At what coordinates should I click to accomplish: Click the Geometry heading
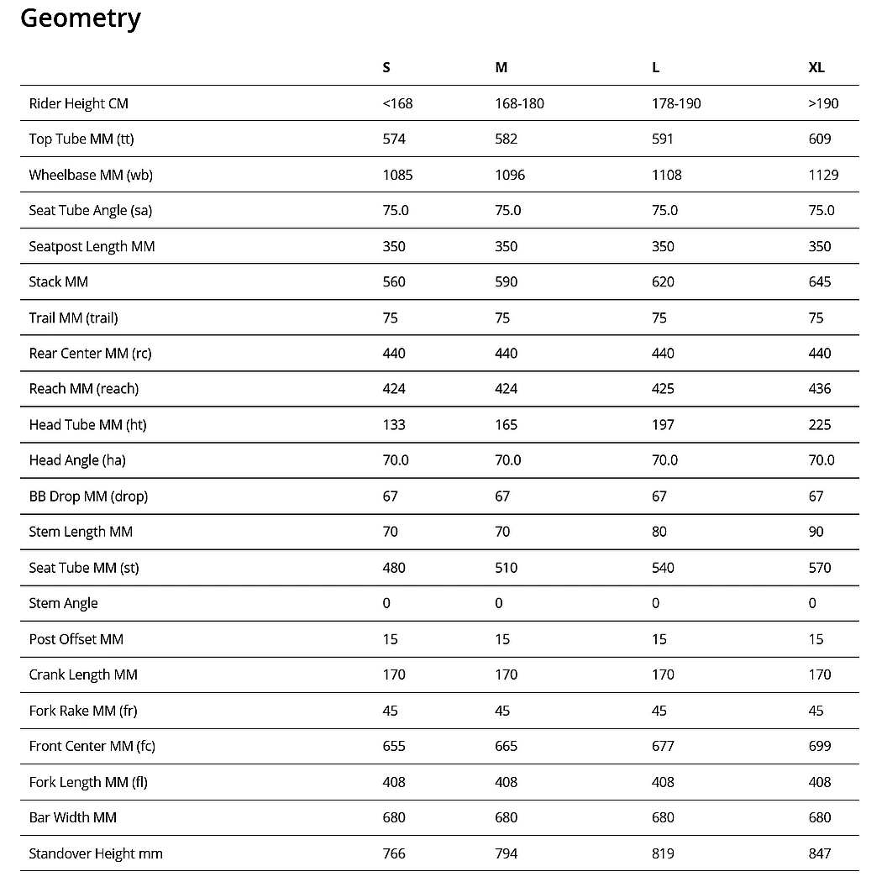point(81,18)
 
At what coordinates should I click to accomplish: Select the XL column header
point(816,67)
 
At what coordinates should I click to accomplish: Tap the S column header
point(386,67)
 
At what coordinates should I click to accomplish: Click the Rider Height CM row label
point(78,103)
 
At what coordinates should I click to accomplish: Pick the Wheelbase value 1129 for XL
point(823,175)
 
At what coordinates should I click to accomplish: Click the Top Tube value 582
point(507,139)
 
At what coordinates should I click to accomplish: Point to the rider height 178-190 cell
point(676,103)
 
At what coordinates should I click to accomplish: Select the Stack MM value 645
point(820,281)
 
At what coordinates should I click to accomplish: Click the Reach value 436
point(820,389)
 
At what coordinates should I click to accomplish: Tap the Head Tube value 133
point(394,425)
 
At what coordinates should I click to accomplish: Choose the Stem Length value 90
point(816,532)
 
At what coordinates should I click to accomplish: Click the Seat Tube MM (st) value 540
point(664,568)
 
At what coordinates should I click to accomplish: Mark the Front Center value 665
point(507,746)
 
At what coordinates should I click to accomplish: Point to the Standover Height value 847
point(820,853)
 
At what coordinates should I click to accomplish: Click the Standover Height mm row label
point(96,853)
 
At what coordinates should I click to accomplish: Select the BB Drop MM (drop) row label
point(88,496)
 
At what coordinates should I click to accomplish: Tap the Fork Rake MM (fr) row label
point(83,711)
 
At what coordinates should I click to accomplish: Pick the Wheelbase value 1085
point(397,175)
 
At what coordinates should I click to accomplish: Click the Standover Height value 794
point(507,853)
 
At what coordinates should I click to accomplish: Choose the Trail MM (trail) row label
point(73,318)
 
